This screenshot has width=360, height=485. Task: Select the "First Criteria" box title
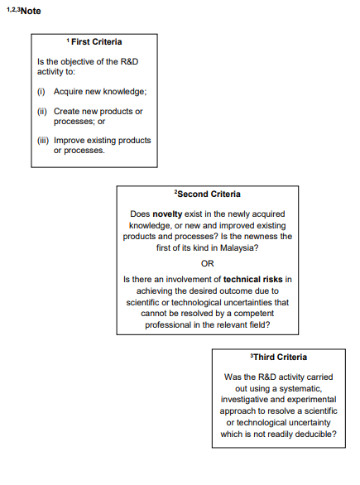[94, 41]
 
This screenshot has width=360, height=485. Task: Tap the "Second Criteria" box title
[208, 194]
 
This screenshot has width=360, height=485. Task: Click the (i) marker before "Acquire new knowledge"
[44, 90]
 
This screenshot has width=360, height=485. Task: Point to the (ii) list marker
[43, 111]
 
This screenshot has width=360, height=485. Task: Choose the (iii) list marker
[44, 141]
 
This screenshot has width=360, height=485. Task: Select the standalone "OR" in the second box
[208, 263]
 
